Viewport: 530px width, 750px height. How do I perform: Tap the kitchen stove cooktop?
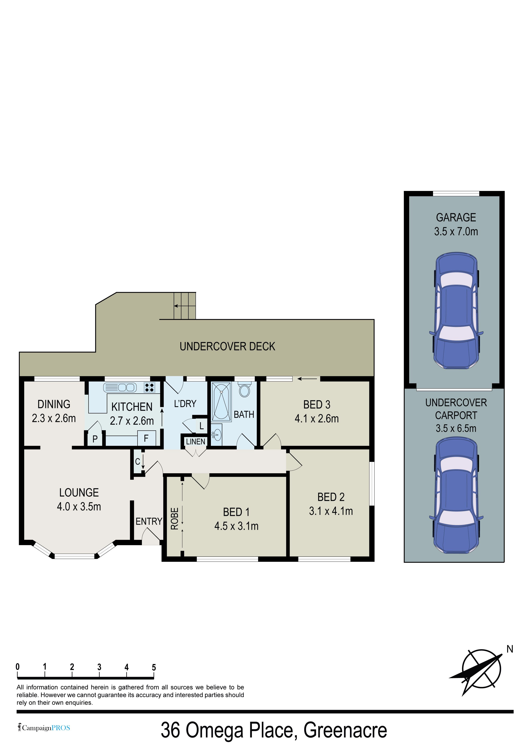click(x=149, y=387)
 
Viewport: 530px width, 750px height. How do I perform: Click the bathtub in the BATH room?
click(x=221, y=401)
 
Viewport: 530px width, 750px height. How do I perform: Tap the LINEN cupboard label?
click(x=196, y=442)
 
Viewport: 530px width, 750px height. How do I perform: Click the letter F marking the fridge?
click(x=146, y=438)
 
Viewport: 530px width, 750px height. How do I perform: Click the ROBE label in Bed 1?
click(x=175, y=518)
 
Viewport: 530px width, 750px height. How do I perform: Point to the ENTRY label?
click(x=149, y=521)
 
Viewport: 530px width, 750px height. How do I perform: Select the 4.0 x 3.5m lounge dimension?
click(x=79, y=507)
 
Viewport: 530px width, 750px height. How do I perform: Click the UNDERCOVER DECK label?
click(x=227, y=346)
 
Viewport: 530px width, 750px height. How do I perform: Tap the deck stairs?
click(x=185, y=306)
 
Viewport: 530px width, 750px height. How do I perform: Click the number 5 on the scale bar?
click(x=154, y=667)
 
